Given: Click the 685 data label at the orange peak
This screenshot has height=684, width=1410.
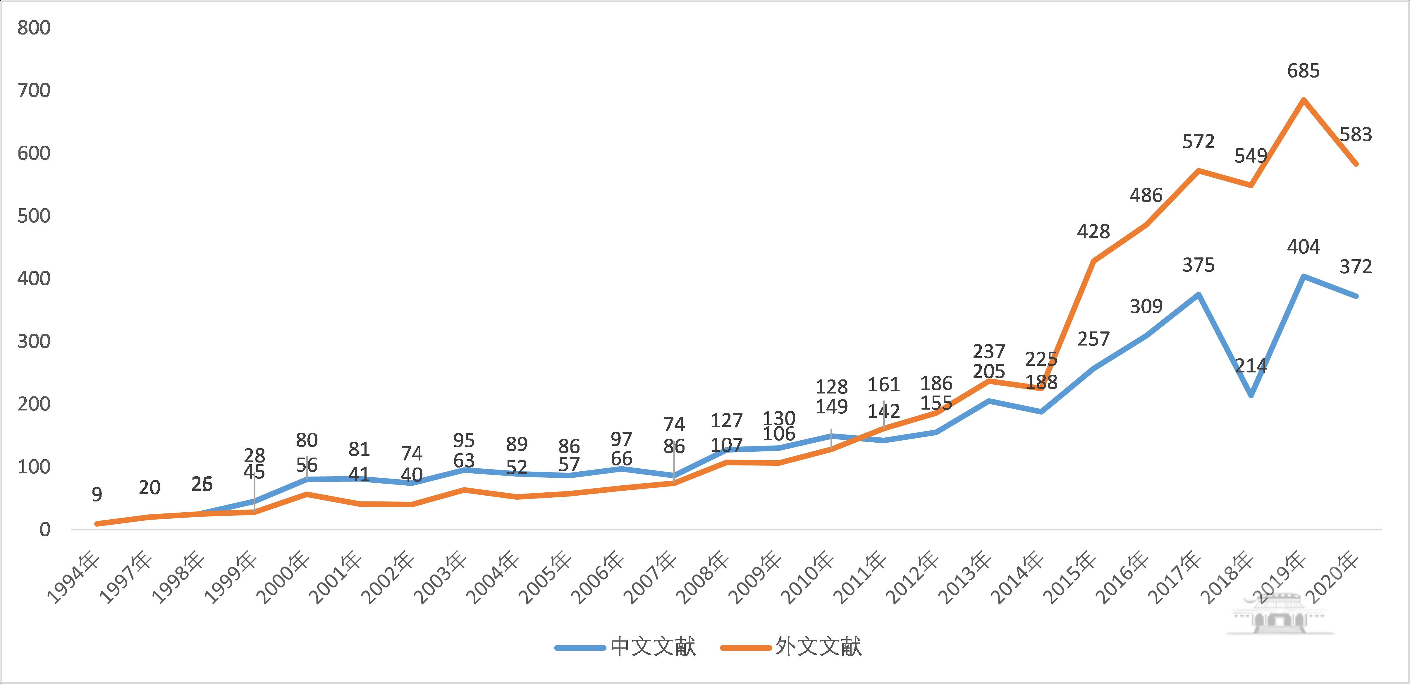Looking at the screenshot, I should coord(1303,71).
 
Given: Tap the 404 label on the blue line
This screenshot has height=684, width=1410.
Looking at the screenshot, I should coord(1303,247).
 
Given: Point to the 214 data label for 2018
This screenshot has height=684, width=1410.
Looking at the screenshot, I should coord(1251,365).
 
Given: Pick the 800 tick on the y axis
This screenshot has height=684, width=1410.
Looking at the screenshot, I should coord(34,28).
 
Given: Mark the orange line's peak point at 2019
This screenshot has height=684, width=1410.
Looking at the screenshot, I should coord(1303,99).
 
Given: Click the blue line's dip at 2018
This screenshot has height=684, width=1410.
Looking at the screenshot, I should coord(1251,395).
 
